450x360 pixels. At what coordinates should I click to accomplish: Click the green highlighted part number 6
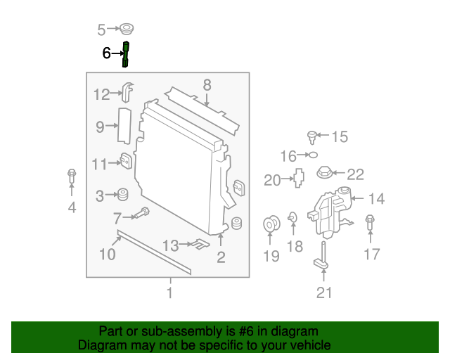pos(126,54)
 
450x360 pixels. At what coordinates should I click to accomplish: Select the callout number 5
pos(101,30)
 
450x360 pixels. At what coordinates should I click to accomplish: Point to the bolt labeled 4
pos(71,179)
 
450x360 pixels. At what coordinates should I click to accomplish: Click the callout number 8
pos(207,85)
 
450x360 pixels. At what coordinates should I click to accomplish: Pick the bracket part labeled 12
pos(128,91)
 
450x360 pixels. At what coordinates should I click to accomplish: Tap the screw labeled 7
pos(143,212)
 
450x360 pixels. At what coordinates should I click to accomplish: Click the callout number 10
pos(107,253)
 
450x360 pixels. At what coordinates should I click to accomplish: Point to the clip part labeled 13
pos(201,245)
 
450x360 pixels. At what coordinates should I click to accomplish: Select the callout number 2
pos(221,257)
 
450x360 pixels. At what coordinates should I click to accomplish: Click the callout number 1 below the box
pos(169,292)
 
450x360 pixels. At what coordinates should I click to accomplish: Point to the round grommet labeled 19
pos(271,225)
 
